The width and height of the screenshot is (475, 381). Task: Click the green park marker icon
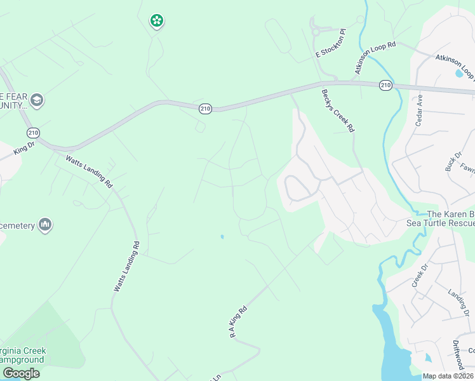pos(156,21)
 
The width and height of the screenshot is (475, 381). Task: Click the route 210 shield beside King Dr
pos(33,133)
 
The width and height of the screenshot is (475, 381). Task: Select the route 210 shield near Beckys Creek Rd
pos(385,85)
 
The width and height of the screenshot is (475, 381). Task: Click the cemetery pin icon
pos(45,225)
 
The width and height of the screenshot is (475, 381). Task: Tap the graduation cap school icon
pos(36,100)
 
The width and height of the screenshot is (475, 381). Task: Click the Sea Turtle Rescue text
pos(440,223)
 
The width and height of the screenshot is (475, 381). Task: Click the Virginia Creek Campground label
pos(23,355)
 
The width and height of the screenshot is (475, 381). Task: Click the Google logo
pos(22,373)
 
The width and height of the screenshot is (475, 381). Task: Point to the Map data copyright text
pos(448,376)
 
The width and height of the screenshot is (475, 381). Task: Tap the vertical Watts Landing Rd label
pos(126,267)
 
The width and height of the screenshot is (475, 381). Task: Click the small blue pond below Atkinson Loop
pos(459,73)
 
